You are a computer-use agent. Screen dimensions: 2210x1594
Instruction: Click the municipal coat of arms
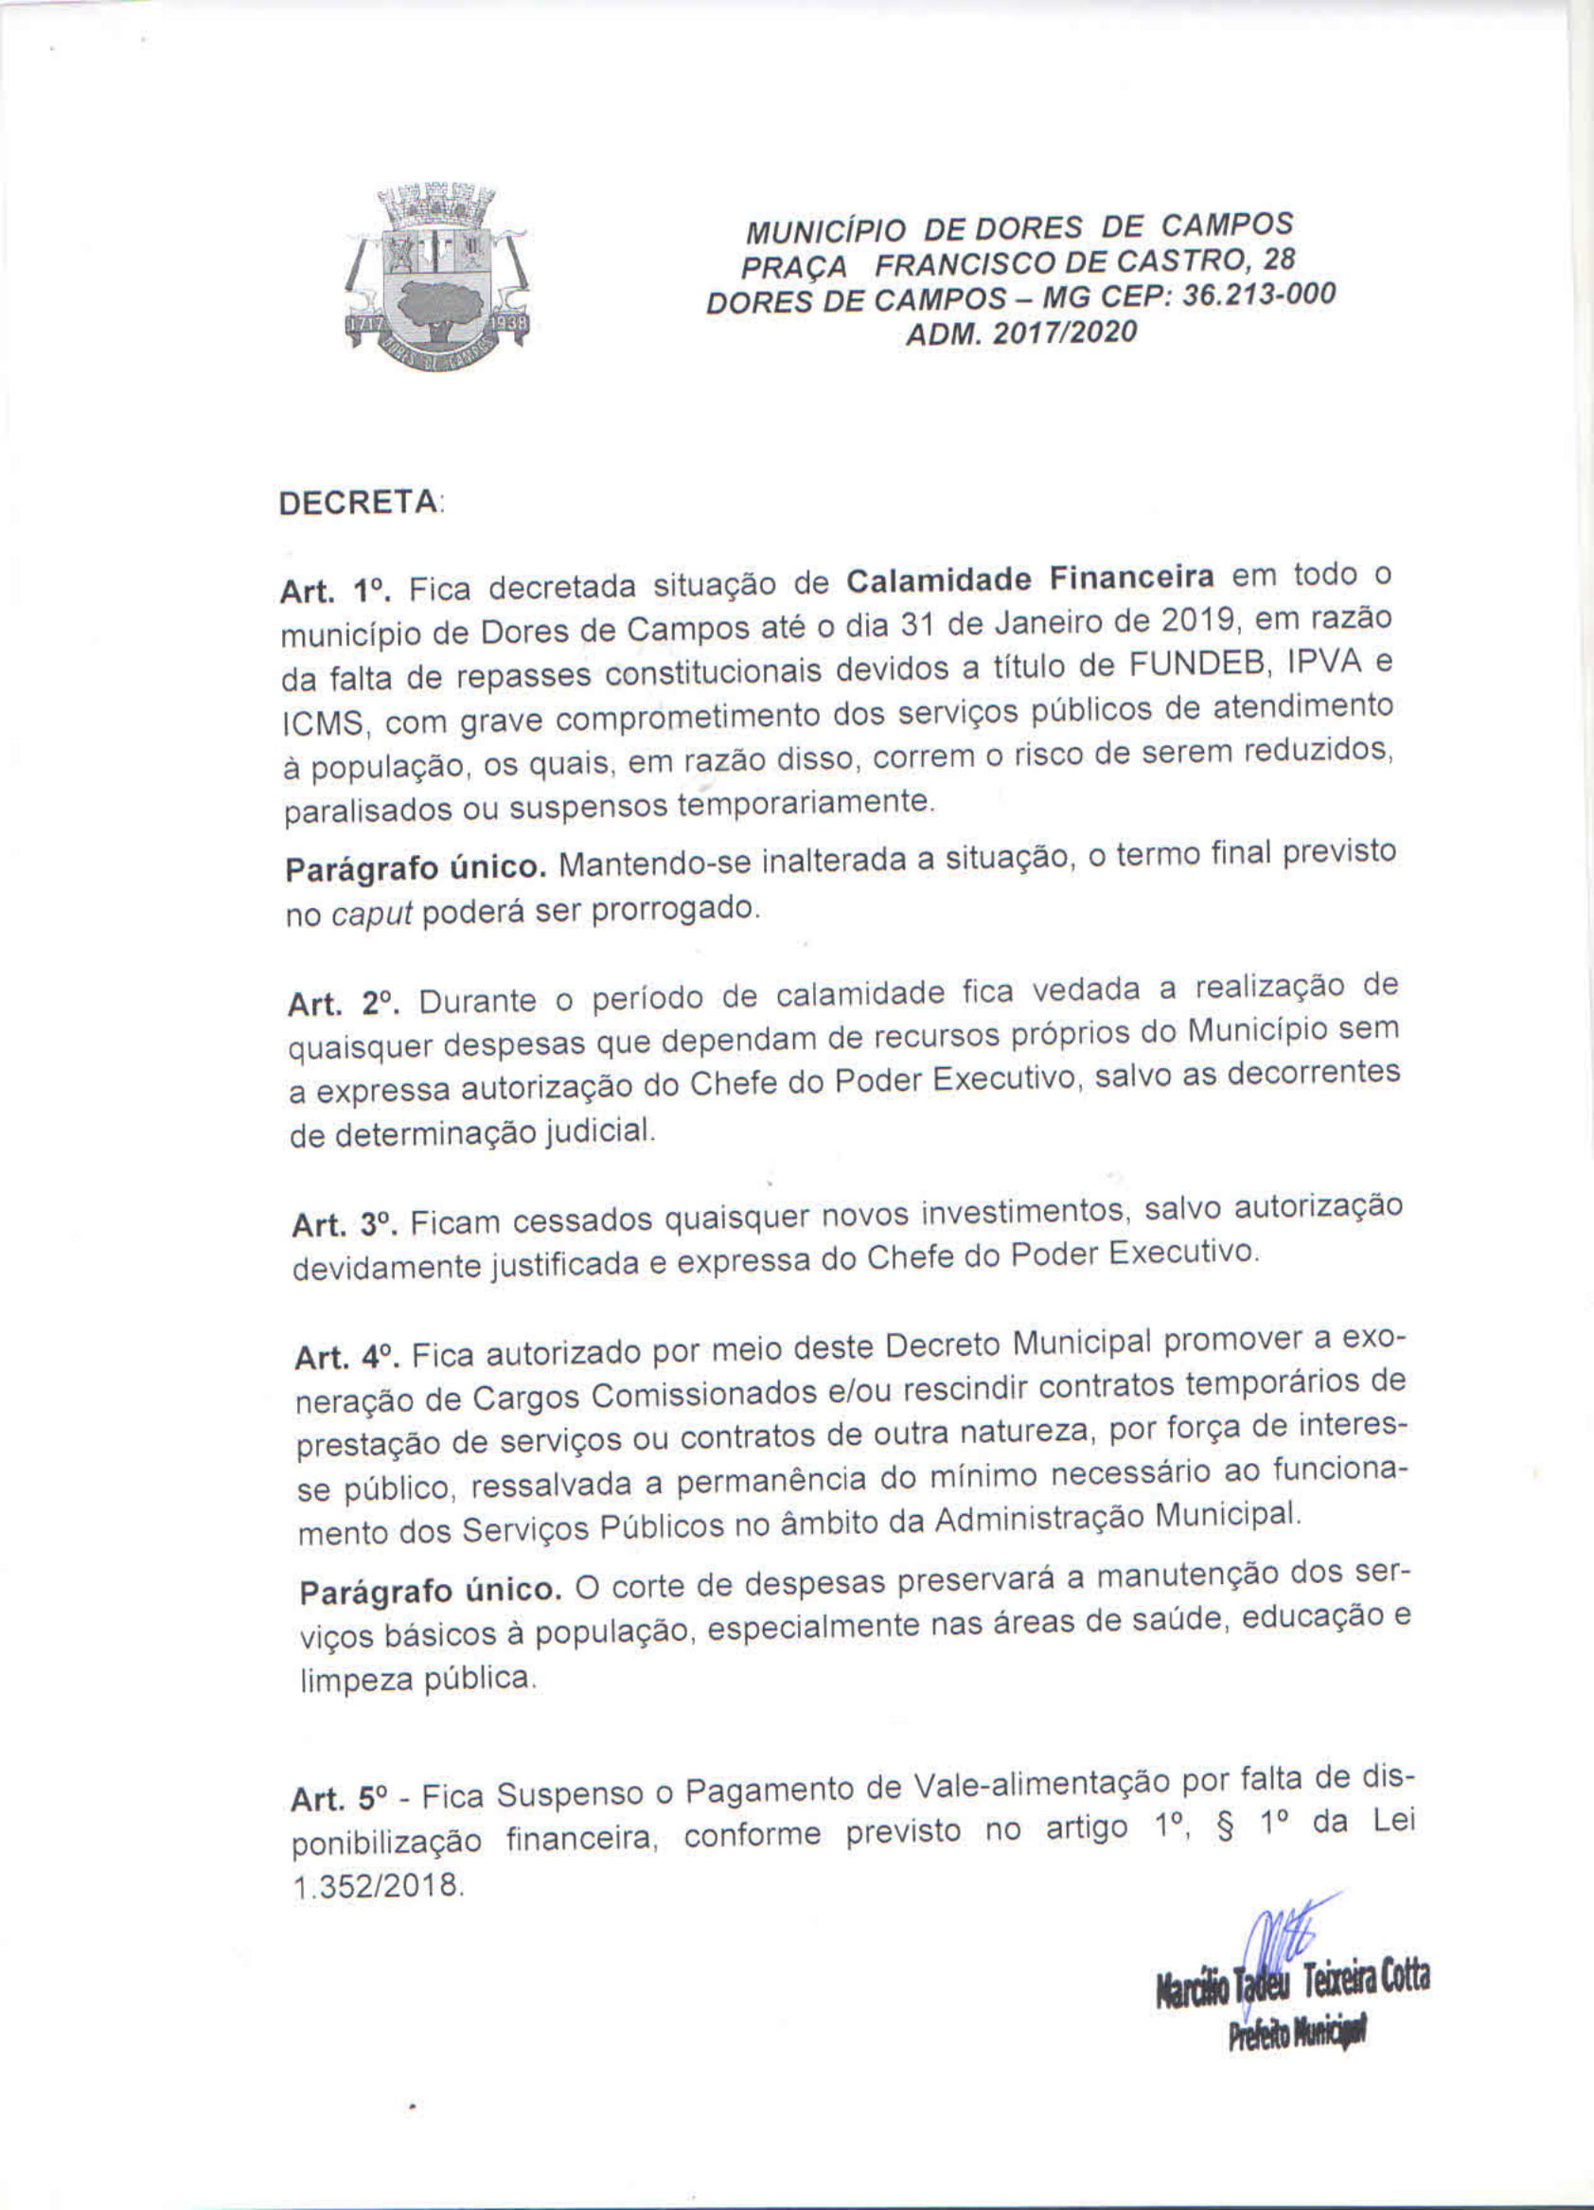[x=436, y=276]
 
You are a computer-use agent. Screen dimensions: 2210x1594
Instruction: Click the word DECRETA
[x=359, y=504]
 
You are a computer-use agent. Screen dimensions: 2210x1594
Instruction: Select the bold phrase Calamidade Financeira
[x=1030, y=579]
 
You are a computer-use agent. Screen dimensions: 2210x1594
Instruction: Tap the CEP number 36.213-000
[x=1258, y=295]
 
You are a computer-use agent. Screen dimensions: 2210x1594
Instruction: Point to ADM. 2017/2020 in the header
[x=1021, y=333]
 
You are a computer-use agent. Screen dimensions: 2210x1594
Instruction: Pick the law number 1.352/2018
[x=376, y=1886]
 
